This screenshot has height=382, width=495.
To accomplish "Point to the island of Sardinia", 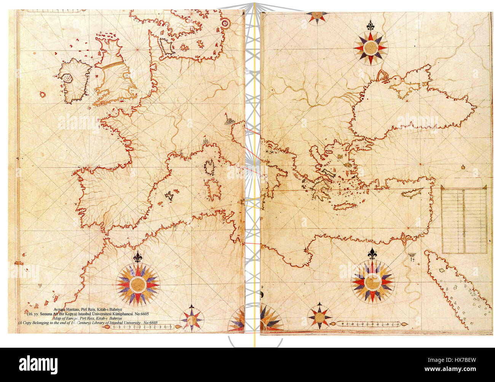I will (x=212, y=189).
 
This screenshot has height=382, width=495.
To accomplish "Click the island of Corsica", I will (x=209, y=167).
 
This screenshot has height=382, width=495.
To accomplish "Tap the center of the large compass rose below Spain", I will (x=138, y=284).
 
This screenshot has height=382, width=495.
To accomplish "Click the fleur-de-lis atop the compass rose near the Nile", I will (x=372, y=253).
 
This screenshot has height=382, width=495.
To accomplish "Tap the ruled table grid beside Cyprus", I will (x=464, y=220).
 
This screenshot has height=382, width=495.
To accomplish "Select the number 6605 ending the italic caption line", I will (x=153, y=323).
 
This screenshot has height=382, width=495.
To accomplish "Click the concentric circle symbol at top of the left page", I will (x=226, y=24).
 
